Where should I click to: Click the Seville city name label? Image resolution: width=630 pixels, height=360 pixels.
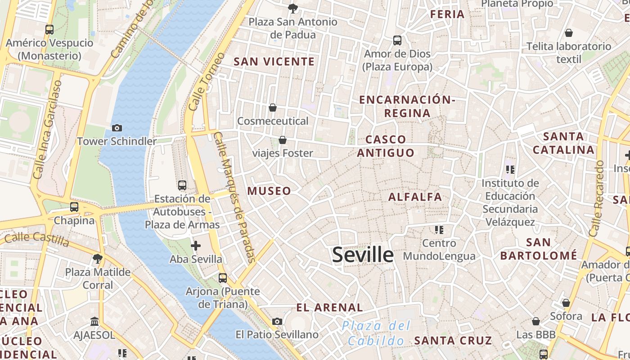pyautogui.click(x=363, y=255)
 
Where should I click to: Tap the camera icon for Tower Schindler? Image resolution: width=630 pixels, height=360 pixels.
pyautogui.click(x=117, y=128)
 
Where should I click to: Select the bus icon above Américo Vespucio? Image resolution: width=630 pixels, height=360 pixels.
pyautogui.click(x=49, y=30)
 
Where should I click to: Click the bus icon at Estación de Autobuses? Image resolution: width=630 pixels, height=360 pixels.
pyautogui.click(x=182, y=185)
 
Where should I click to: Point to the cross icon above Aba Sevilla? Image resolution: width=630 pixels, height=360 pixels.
pyautogui.click(x=196, y=246)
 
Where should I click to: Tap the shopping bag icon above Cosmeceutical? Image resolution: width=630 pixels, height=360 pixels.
pyautogui.click(x=272, y=108)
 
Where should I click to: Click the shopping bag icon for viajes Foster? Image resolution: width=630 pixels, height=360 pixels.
pyautogui.click(x=283, y=140)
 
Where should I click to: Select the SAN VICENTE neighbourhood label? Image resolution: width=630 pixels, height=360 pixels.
pyautogui.click(x=274, y=62)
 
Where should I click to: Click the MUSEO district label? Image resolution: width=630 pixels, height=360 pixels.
pyautogui.click(x=269, y=191)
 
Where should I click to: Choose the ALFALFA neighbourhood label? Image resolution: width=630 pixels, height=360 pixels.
pyautogui.click(x=415, y=197)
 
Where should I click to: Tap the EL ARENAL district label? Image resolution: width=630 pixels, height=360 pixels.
pyautogui.click(x=329, y=308)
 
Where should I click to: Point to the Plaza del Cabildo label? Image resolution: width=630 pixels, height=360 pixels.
pyautogui.click(x=376, y=333)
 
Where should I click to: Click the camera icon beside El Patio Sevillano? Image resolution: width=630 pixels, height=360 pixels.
pyautogui.click(x=277, y=321)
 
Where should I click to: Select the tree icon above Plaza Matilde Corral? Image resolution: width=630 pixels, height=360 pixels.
pyautogui.click(x=97, y=258)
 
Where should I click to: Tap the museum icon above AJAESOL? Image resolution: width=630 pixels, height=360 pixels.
pyautogui.click(x=94, y=321)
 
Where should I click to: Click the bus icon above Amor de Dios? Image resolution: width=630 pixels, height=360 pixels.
pyautogui.click(x=397, y=40)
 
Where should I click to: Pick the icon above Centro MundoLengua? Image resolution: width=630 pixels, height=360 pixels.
pyautogui.click(x=439, y=230)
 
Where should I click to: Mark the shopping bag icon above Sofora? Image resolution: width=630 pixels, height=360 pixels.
pyautogui.click(x=566, y=303)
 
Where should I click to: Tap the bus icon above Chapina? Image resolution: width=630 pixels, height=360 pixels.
pyautogui.click(x=74, y=207)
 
